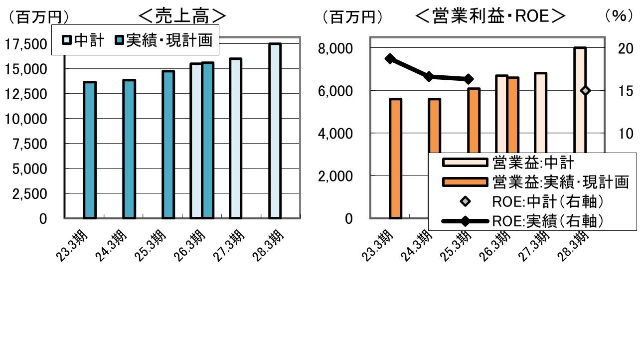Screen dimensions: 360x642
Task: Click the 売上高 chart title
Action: point(182,16)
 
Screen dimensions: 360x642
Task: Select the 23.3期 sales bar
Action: point(90,150)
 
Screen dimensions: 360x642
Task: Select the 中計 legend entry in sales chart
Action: point(84,40)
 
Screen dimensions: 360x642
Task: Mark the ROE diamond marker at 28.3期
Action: point(585,90)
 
